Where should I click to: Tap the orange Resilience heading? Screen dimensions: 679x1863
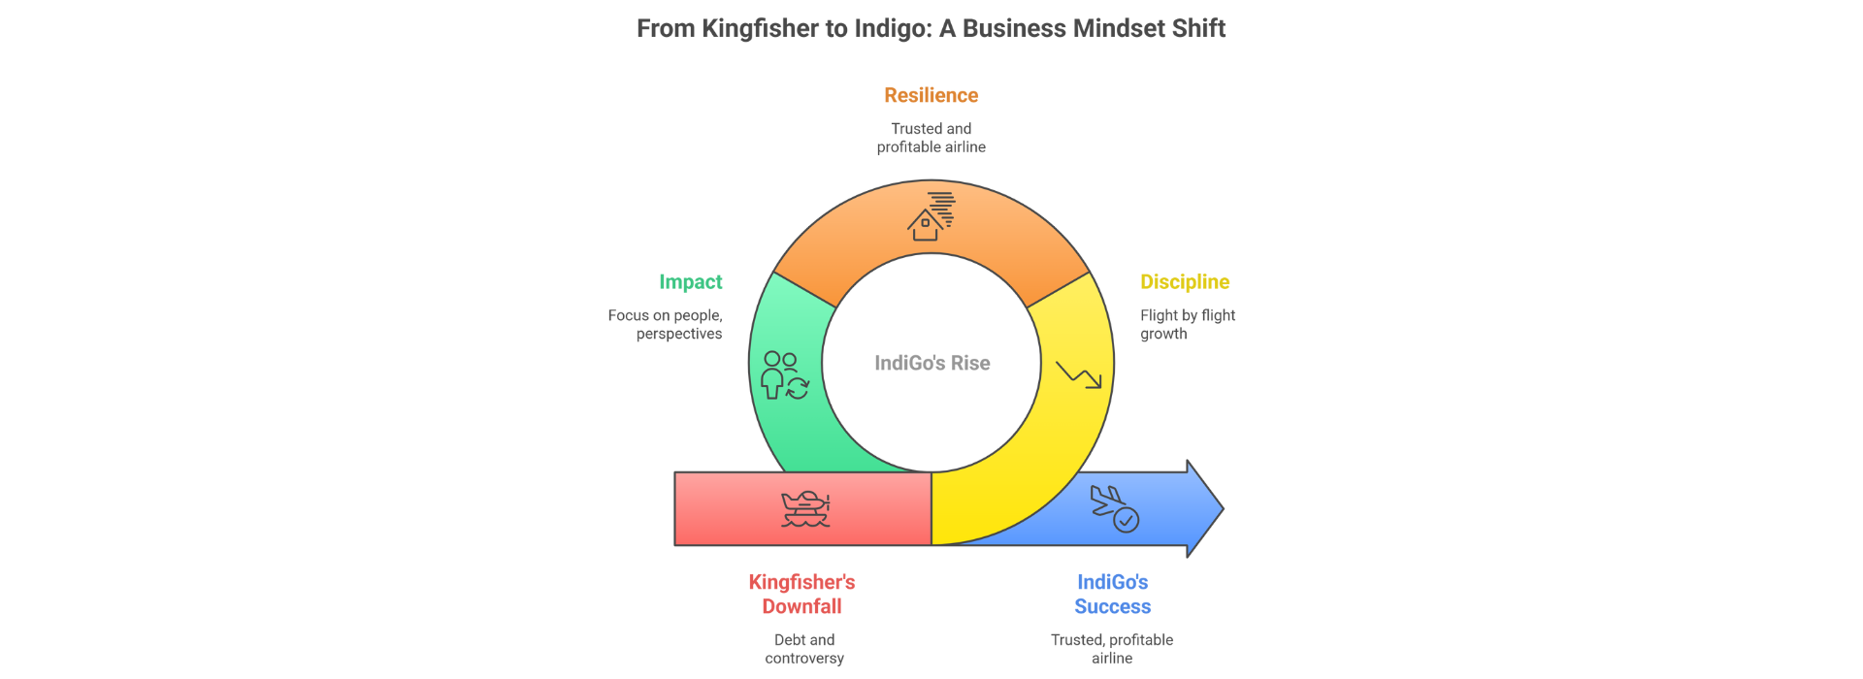(931, 95)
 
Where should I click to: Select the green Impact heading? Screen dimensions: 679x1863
(690, 282)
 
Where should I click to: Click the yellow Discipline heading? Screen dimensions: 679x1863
(1184, 282)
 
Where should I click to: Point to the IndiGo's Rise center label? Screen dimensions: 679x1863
(931, 363)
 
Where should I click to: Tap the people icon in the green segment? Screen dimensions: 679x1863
(784, 375)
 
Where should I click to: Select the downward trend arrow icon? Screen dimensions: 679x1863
(1078, 375)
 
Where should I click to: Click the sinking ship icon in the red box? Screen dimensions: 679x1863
(805, 508)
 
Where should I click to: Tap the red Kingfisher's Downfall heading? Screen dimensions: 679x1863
(801, 594)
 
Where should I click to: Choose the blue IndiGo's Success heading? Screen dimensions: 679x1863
(1112, 594)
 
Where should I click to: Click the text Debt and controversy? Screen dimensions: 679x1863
(804, 649)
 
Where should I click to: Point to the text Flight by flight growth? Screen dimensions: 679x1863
(1187, 324)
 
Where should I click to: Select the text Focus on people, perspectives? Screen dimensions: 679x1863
(667, 324)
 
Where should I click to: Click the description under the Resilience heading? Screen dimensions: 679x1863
(931, 138)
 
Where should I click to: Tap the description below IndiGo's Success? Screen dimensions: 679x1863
(1112, 649)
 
